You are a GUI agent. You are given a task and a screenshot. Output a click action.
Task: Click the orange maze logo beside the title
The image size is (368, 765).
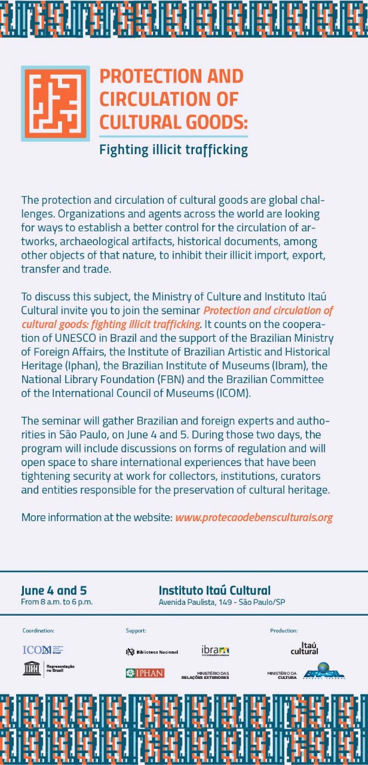[55, 103]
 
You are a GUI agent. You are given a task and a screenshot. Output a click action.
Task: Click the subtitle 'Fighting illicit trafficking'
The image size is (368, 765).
[173, 149]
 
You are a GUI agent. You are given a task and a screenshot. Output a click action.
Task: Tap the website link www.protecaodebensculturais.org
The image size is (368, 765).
[253, 517]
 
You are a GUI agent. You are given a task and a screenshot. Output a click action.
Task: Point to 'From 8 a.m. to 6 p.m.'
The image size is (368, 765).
[57, 602]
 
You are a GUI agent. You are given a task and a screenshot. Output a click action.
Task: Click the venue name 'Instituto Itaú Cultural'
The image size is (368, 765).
[214, 590]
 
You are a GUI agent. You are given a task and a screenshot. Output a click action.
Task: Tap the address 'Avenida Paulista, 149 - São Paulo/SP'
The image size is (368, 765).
[222, 602]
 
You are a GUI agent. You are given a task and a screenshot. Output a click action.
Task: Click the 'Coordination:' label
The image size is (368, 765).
[38, 631]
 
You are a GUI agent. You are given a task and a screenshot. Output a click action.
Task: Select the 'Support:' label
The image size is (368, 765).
[136, 631]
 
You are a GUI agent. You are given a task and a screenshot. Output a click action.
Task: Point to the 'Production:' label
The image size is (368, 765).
[284, 631]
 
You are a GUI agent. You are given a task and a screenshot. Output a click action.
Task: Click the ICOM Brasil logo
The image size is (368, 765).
[42, 650]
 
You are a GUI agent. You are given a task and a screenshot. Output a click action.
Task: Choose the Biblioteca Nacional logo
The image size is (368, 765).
[152, 651]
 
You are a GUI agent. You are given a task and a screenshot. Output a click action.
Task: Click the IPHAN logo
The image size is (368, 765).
[145, 673]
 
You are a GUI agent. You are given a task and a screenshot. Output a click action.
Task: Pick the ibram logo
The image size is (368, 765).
[215, 650]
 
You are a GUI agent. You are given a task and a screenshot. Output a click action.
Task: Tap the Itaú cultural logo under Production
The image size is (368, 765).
[305, 648]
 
